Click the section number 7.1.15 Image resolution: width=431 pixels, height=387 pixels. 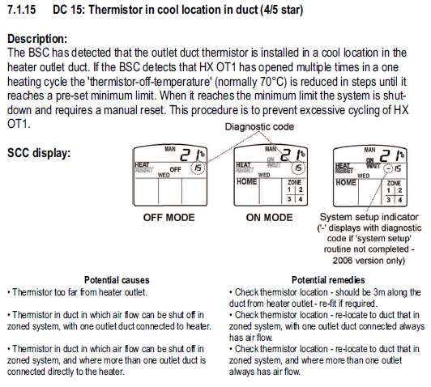click(21, 10)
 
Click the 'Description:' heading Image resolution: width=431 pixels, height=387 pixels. click(37, 39)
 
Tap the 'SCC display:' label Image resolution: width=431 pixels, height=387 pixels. click(39, 153)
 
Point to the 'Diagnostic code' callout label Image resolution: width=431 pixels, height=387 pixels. click(259, 127)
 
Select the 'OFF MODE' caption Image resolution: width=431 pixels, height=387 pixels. click(169, 218)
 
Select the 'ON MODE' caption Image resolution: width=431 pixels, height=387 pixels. click(269, 218)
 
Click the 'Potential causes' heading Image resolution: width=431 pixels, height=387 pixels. click(117, 280)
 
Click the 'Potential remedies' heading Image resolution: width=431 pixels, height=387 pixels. click(328, 280)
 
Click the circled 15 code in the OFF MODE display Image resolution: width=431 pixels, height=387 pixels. click(198, 168)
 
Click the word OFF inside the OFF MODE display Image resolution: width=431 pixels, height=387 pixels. click(175, 169)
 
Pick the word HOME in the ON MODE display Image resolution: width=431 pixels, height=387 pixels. click(247, 182)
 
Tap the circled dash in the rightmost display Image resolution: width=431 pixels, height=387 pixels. click(388, 168)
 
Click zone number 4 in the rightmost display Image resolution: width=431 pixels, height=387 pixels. click(400, 200)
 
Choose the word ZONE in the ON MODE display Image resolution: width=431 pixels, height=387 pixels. click(294, 182)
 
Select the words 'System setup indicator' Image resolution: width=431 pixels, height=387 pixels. click(369, 217)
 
